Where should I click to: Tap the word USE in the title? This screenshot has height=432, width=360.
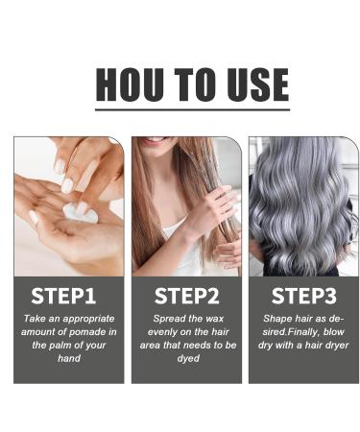point(252,84)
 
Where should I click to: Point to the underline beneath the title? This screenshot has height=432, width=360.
point(192,108)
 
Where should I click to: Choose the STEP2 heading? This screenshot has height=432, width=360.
point(186,295)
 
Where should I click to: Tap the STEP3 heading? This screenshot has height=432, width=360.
point(303,295)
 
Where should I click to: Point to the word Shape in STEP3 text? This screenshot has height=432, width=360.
point(276,317)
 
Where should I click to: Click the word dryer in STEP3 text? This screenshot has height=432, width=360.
point(333,344)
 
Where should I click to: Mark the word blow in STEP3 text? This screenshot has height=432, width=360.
point(334,330)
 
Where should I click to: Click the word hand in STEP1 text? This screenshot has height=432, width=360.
point(68,357)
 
